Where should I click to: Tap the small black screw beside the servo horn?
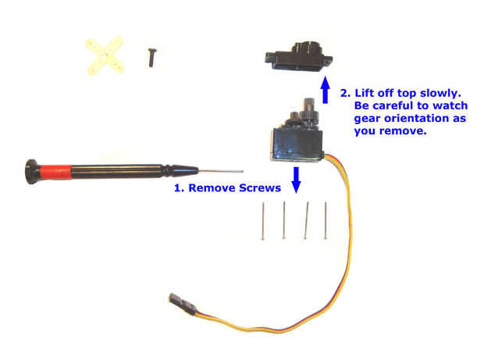tap(148, 55)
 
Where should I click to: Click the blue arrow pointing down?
tap(296, 179)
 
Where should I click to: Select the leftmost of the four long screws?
tap(265, 221)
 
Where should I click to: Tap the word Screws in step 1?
tap(258, 188)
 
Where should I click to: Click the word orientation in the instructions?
tap(414, 118)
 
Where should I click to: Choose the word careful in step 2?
tap(395, 105)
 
